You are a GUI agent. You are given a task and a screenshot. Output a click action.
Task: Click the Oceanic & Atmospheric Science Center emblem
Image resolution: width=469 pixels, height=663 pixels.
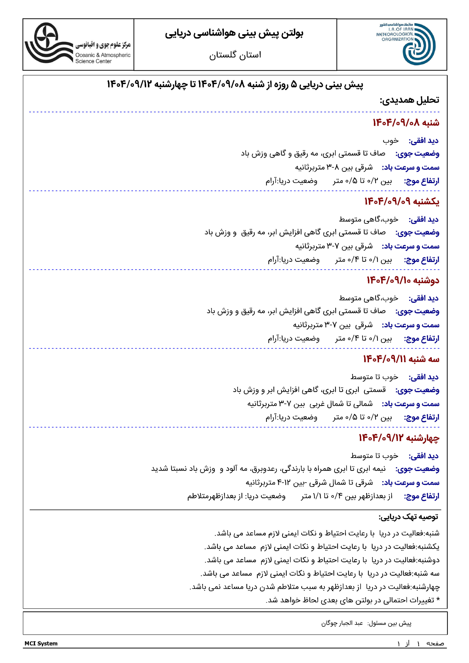coord(48,43)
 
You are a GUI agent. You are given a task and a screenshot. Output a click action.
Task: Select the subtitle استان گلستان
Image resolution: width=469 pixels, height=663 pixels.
coord(235,55)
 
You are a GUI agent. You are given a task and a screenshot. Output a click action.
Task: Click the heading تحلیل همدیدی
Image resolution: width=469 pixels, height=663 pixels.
coord(409,100)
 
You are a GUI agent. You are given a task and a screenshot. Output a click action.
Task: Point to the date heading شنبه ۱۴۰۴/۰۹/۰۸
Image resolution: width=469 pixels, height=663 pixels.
coord(406,123)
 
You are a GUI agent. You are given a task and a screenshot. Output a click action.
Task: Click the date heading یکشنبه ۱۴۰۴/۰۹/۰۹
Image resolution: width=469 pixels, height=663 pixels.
coord(402,201)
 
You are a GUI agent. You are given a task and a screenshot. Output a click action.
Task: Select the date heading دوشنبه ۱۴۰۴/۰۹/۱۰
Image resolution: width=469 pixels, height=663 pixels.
coord(403,280)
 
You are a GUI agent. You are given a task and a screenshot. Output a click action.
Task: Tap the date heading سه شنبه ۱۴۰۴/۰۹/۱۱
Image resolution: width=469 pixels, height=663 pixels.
coord(401,359)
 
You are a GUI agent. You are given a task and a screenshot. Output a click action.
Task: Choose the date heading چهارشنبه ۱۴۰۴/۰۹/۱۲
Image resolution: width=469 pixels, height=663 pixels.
coord(399,438)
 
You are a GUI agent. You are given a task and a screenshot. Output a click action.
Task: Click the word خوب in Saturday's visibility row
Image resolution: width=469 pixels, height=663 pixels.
coord(391,141)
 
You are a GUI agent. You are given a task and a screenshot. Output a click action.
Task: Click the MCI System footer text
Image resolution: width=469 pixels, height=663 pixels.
coord(41,643)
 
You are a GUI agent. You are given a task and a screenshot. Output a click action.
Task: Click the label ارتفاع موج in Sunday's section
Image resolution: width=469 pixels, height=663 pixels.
coord(422,260)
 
